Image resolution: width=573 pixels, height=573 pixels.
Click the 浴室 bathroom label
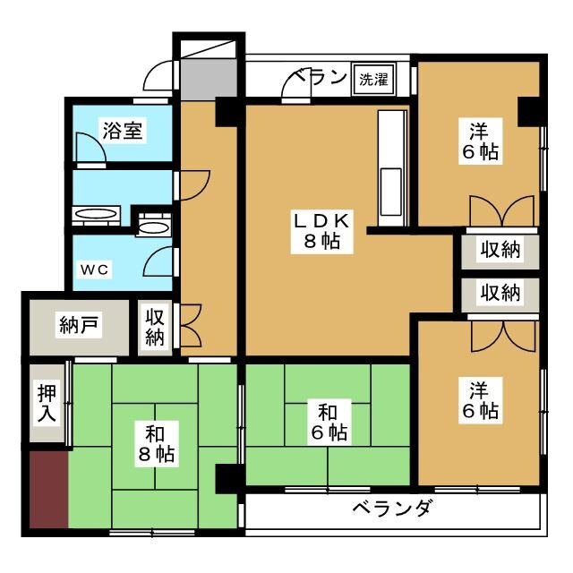[x=123, y=131]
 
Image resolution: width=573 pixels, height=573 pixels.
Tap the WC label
[x=98, y=269]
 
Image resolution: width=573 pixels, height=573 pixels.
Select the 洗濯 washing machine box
[x=374, y=78]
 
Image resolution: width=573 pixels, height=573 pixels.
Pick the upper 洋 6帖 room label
[x=481, y=141]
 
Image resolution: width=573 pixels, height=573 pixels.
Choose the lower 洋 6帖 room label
[x=481, y=400]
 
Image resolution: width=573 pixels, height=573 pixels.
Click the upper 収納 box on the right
[x=500, y=250]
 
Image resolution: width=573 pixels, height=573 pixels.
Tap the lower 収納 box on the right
[x=500, y=293]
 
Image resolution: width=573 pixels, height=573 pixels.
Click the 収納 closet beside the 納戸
[x=155, y=328]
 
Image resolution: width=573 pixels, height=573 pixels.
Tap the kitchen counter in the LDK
[x=392, y=167]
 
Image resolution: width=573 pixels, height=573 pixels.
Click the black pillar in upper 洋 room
[x=529, y=109]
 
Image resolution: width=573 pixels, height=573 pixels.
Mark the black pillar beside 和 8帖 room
[x=227, y=479]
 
